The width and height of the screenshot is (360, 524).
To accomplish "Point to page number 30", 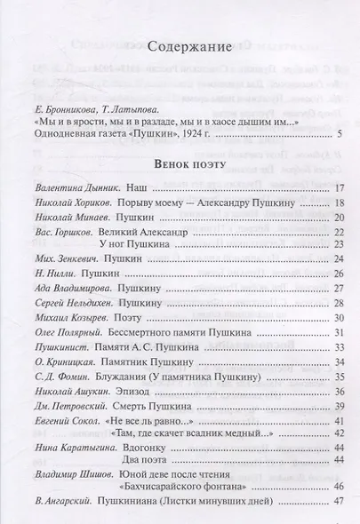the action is (x=338, y=333).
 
